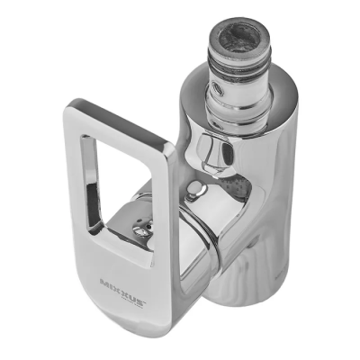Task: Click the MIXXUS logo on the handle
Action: pyautogui.click(x=123, y=292)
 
